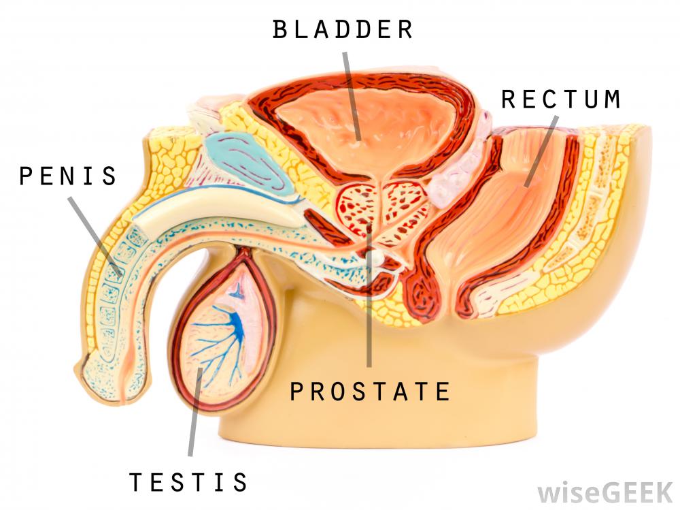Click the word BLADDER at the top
[343, 29]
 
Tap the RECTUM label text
[561, 99]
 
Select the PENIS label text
[68, 176]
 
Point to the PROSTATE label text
[370, 392]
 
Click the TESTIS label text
[188, 482]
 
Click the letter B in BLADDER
[279, 29]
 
